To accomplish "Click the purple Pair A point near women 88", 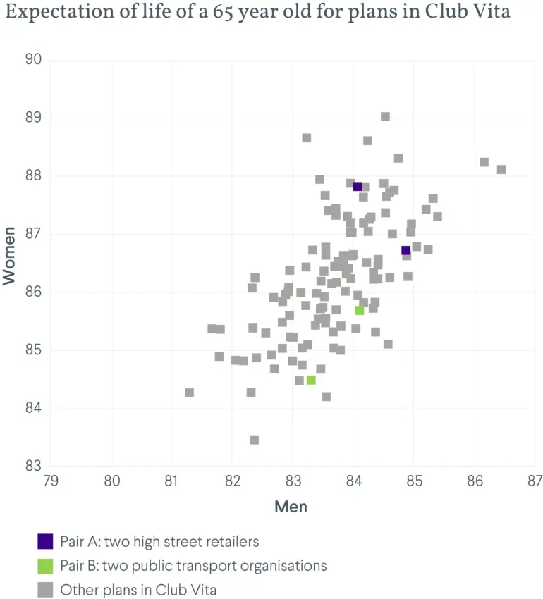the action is tap(358, 187).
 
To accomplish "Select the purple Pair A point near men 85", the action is tap(405, 251).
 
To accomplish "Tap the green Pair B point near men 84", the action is tap(360, 311).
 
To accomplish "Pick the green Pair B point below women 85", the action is tap(311, 380).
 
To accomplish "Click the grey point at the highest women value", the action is tap(386, 116).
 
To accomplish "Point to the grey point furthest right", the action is tap(501, 169).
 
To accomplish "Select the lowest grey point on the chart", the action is tap(255, 440).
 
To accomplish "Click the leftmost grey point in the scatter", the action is tap(189, 393).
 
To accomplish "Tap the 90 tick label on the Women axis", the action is tap(33, 59).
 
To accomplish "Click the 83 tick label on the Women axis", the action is tap(33, 466).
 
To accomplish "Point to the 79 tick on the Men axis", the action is tap(51, 481).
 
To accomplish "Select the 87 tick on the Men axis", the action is tap(535, 481).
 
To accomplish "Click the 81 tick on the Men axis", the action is tap(171, 481).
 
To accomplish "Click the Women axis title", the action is tap(8, 256).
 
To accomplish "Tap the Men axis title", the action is tap(291, 507).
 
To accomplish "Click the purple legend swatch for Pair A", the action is tap(45, 541).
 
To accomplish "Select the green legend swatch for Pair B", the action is tap(45, 566).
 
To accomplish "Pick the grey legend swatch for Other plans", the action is tap(45, 590).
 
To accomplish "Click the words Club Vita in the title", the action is tap(468, 11).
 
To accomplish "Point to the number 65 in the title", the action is tap(223, 12).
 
